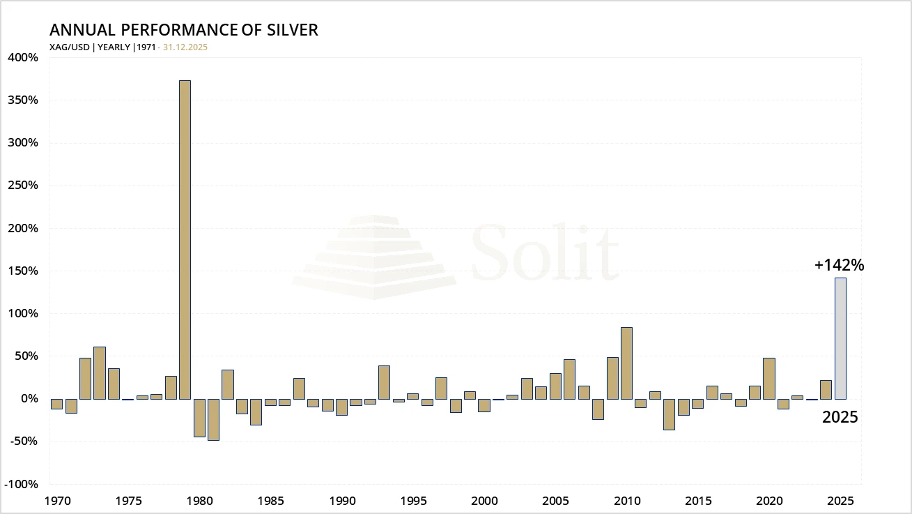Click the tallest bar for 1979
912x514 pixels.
point(185,239)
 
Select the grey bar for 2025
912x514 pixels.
point(841,338)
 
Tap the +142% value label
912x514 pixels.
point(839,265)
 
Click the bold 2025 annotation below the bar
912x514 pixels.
point(840,418)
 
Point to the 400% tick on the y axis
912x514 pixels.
point(23,57)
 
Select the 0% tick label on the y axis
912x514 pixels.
point(28,399)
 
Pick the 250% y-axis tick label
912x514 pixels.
point(23,186)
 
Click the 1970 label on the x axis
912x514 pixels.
point(56,500)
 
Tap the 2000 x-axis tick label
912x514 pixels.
point(484,500)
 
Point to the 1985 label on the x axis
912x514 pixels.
point(270,500)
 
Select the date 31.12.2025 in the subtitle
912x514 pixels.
point(185,47)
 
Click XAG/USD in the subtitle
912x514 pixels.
point(70,47)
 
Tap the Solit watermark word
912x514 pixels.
point(544,252)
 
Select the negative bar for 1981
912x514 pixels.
point(213,419)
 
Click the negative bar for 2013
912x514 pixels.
point(669,414)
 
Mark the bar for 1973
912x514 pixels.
point(100,372)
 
